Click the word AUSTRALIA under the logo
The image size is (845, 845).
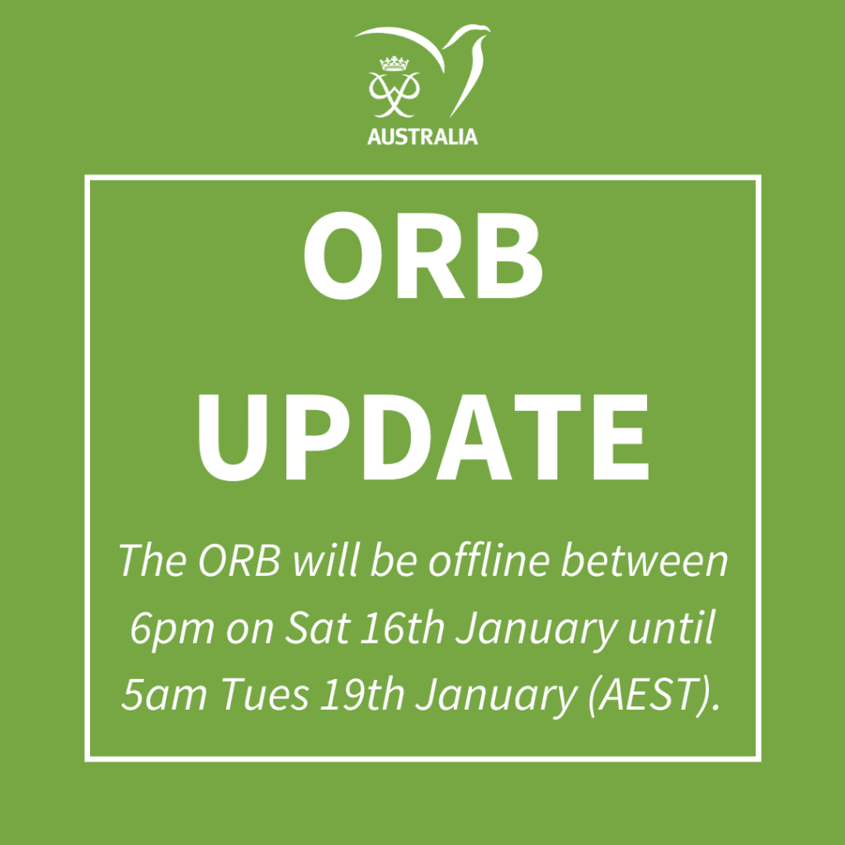tap(422, 137)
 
